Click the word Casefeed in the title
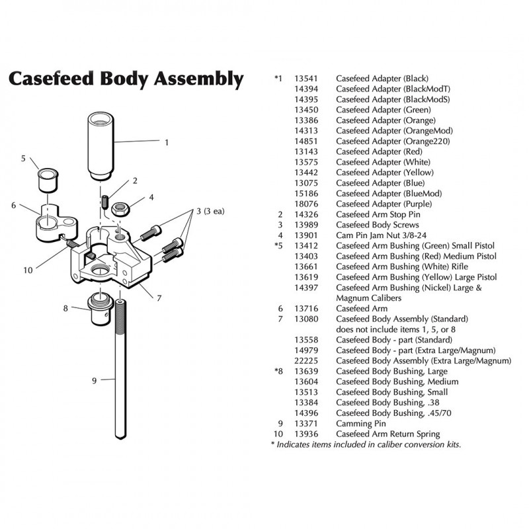[52, 80]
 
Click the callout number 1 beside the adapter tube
[167, 142]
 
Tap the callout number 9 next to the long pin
[95, 380]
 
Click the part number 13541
[307, 78]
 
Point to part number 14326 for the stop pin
[307, 215]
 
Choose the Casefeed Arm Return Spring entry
[387, 434]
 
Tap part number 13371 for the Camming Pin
[307, 423]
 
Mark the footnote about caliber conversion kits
[366, 444]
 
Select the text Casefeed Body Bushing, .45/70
[388, 413]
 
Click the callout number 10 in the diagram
[28, 269]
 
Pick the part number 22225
[307, 360]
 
